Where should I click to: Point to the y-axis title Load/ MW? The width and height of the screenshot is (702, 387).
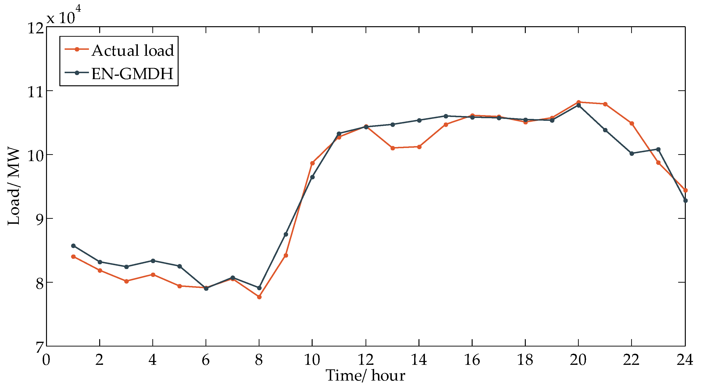14,187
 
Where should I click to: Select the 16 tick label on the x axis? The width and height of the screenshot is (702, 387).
472,360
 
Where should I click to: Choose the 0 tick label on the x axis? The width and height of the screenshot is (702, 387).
46,360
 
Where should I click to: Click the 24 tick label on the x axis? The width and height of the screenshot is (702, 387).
685,360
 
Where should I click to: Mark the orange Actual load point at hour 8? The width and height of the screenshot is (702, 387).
259,297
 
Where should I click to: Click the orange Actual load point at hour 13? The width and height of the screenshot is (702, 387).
393,148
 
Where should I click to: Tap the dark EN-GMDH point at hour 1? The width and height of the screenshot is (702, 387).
73,246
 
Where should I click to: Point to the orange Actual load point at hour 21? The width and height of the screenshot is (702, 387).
605,104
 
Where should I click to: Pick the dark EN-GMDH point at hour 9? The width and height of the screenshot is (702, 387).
286,234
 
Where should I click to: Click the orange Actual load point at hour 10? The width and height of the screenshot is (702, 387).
313,163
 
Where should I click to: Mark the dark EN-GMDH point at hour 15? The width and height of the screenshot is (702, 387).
446,116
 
